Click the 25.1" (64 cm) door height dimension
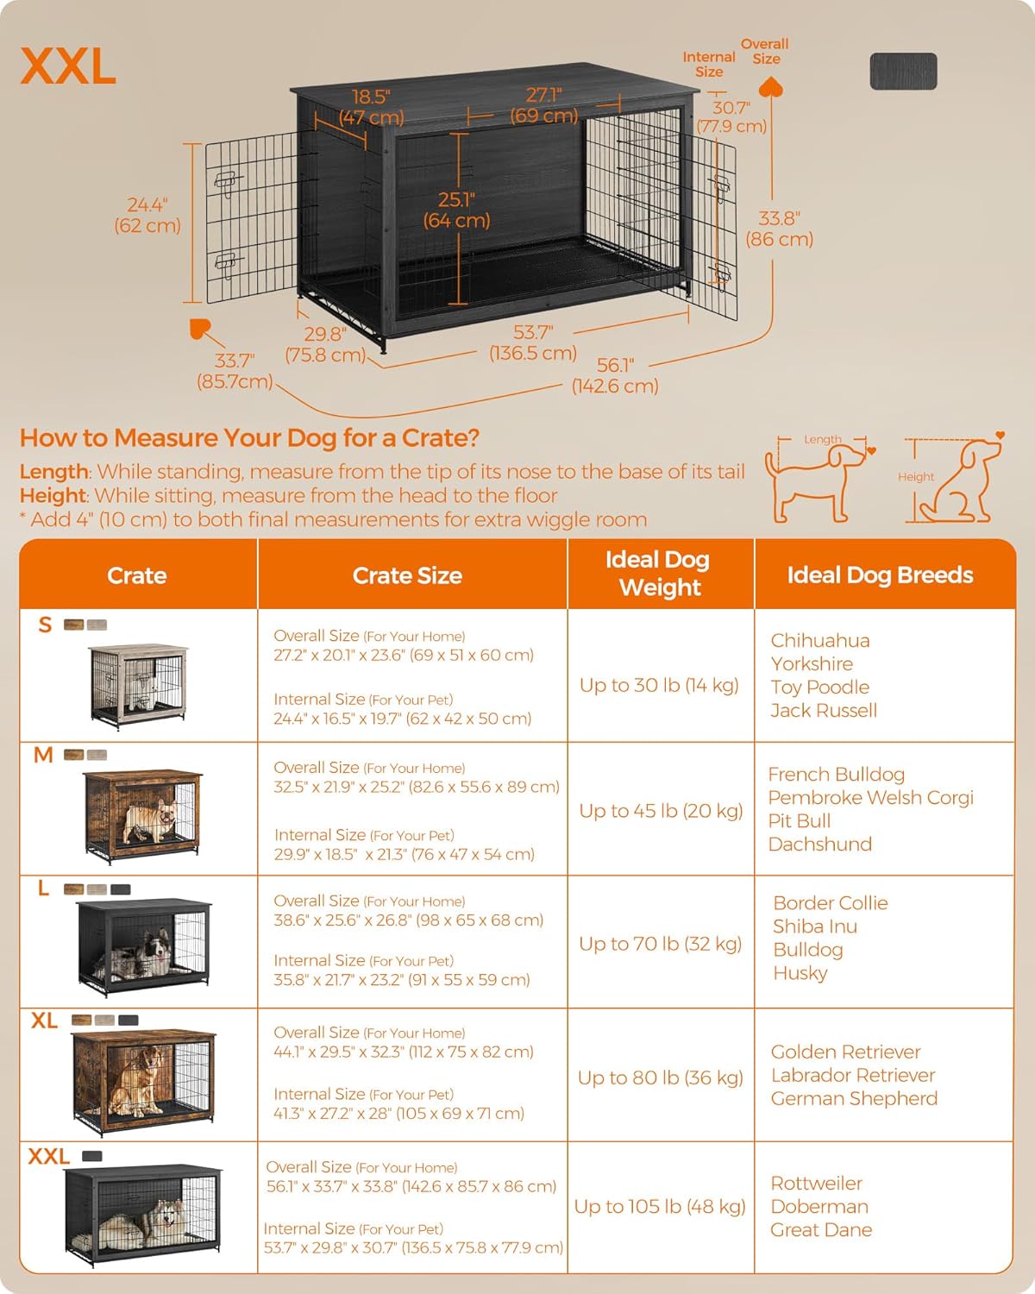pyautogui.click(x=456, y=210)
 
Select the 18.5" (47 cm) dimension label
pyautogui.click(x=371, y=107)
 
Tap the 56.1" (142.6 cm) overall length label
pyautogui.click(x=615, y=375)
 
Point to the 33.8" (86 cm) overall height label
pyautogui.click(x=779, y=229)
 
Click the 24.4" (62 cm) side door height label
pyautogui.click(x=147, y=215)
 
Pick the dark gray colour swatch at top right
pyautogui.click(x=903, y=71)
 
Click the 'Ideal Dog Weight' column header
pyautogui.click(x=660, y=574)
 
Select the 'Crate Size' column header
pyautogui.click(x=407, y=575)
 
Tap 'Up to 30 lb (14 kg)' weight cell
pyautogui.click(x=659, y=685)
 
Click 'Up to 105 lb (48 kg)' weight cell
pyautogui.click(x=660, y=1206)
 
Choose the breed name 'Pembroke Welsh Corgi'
pyautogui.click(x=870, y=797)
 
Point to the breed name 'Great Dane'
pyautogui.click(x=821, y=1229)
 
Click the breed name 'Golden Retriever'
pyautogui.click(x=845, y=1052)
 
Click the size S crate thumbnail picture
pyautogui.click(x=138, y=685)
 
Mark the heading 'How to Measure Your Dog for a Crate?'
pyautogui.click(x=249, y=438)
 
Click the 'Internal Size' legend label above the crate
pyautogui.click(x=709, y=64)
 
